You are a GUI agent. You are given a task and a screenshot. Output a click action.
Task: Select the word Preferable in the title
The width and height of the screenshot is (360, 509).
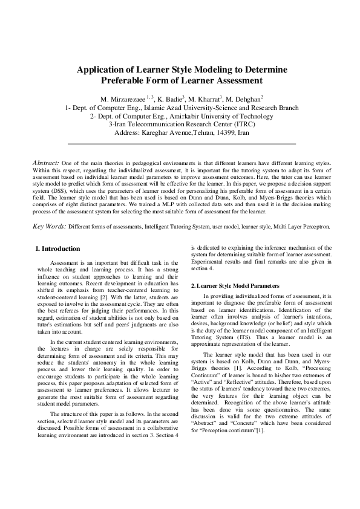(x=126, y=80)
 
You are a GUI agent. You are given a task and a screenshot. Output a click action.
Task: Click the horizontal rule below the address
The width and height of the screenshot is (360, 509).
(x=182, y=144)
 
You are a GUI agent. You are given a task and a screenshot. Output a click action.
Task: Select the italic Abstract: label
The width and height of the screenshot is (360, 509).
(x=45, y=163)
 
